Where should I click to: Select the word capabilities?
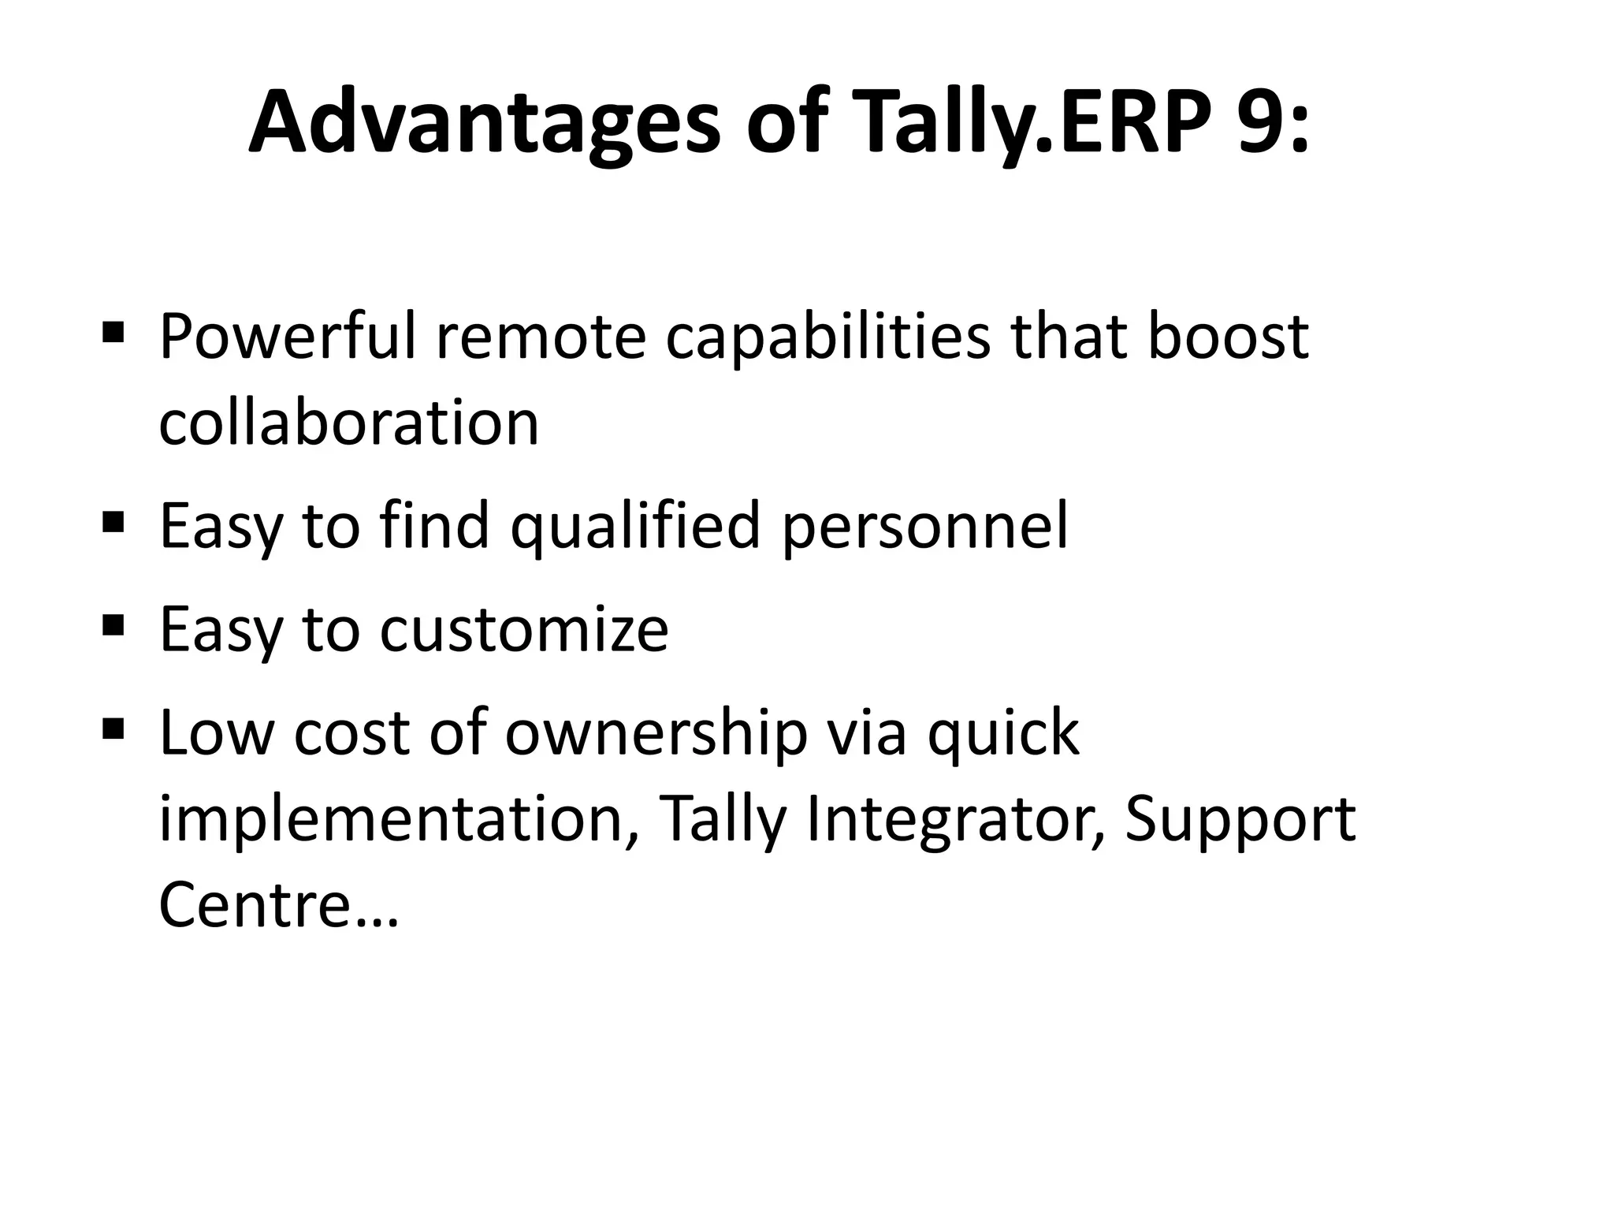(x=827, y=337)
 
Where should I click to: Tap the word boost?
(x=1227, y=337)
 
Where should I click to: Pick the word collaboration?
(x=349, y=423)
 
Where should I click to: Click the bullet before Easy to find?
(x=113, y=521)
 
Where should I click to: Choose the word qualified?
(x=635, y=527)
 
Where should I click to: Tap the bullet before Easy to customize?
(x=113, y=625)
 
